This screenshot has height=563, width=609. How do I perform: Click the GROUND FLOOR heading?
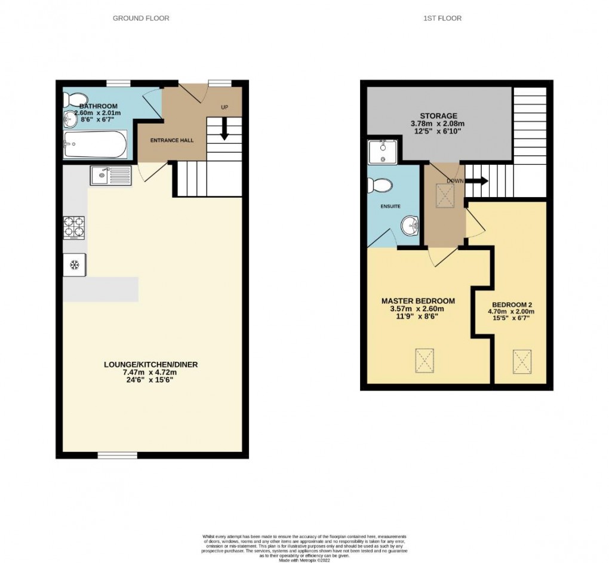tap(141, 19)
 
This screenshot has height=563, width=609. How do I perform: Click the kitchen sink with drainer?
tap(110, 176)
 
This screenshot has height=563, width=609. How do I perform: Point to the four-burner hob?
tap(75, 227)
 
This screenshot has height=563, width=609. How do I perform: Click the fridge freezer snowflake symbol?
tap(75, 264)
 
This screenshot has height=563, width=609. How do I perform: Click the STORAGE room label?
tap(438, 116)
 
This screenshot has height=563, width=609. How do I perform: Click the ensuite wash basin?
tap(409, 226)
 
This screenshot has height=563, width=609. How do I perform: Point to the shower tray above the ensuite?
tap(380, 152)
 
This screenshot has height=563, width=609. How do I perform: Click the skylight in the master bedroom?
tap(425, 361)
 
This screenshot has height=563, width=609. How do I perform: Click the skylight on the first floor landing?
tap(445, 194)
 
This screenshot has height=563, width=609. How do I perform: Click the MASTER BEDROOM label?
tap(418, 301)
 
